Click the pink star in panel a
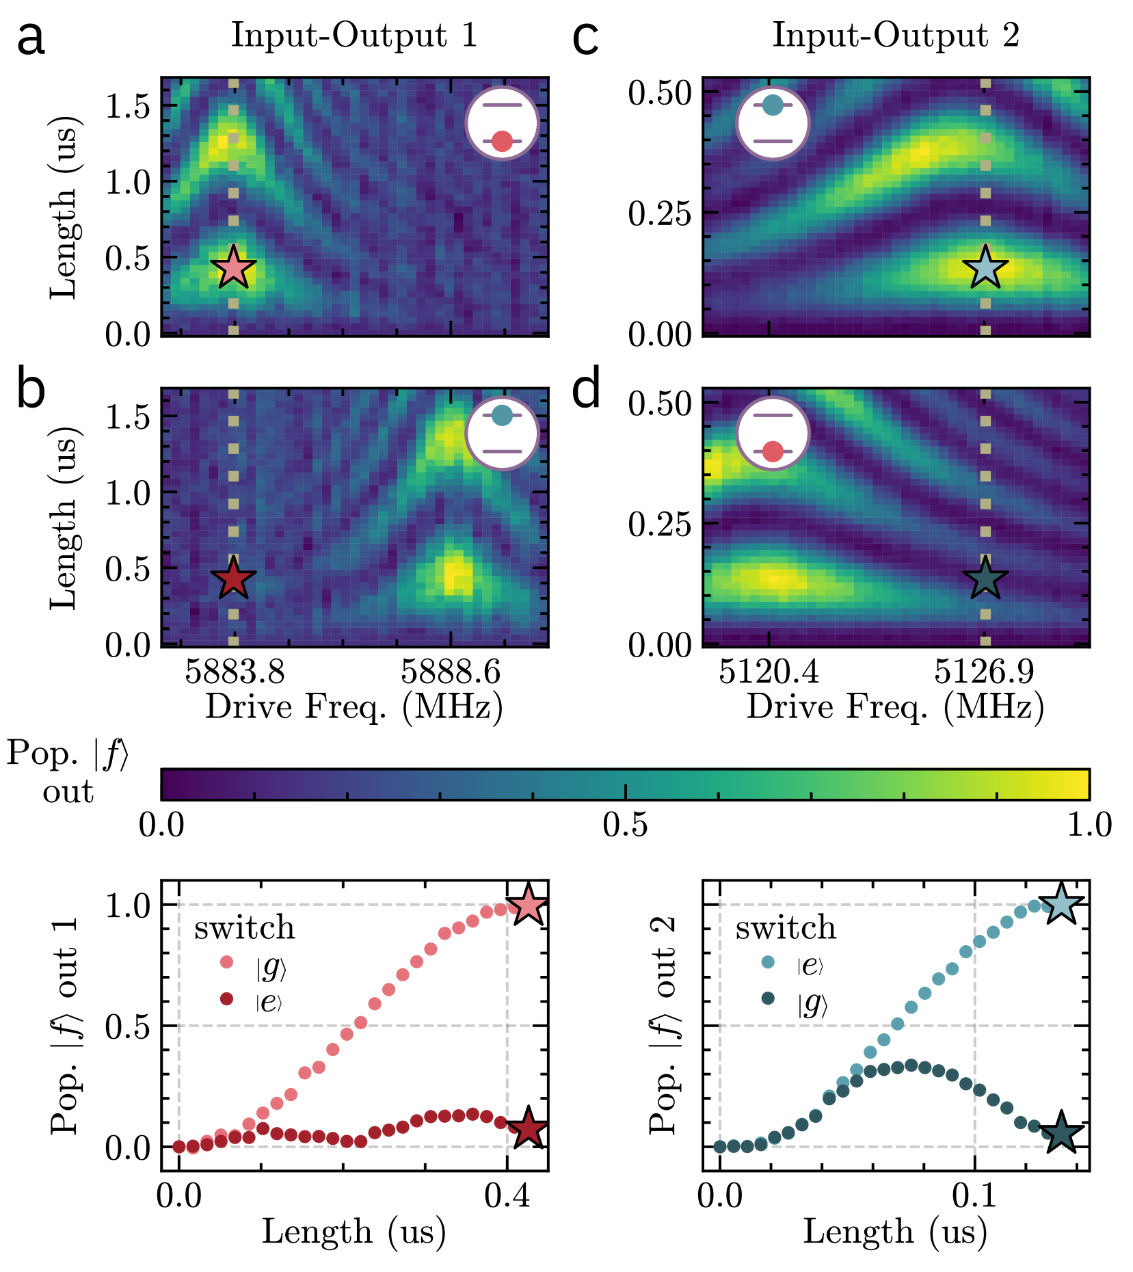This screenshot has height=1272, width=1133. pyautogui.click(x=233, y=267)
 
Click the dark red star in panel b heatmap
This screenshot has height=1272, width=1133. pyautogui.click(x=233, y=579)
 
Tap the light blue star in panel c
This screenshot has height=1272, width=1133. pyautogui.click(x=985, y=267)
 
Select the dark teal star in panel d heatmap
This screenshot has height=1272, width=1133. pyautogui.click(x=985, y=579)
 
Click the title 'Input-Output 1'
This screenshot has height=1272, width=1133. pyautogui.click(x=354, y=36)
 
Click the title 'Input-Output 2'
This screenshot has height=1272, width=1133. pyautogui.click(x=896, y=36)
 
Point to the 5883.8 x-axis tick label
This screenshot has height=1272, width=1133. pyautogui.click(x=235, y=672)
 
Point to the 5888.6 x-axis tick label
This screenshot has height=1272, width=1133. pyautogui.click(x=451, y=672)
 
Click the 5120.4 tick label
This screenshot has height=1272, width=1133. pyautogui.click(x=769, y=672)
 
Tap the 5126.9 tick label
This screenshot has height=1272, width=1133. pyautogui.click(x=985, y=672)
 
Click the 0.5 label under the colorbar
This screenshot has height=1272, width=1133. pyautogui.click(x=625, y=825)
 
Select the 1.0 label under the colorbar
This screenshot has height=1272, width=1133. pyautogui.click(x=1090, y=825)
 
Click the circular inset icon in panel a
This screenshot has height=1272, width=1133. pyautogui.click(x=503, y=124)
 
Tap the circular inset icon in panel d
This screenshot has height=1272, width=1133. pyautogui.click(x=773, y=434)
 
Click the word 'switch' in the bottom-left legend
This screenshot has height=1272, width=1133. pyautogui.click(x=244, y=929)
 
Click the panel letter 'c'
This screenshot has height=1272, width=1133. pyautogui.click(x=585, y=40)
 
